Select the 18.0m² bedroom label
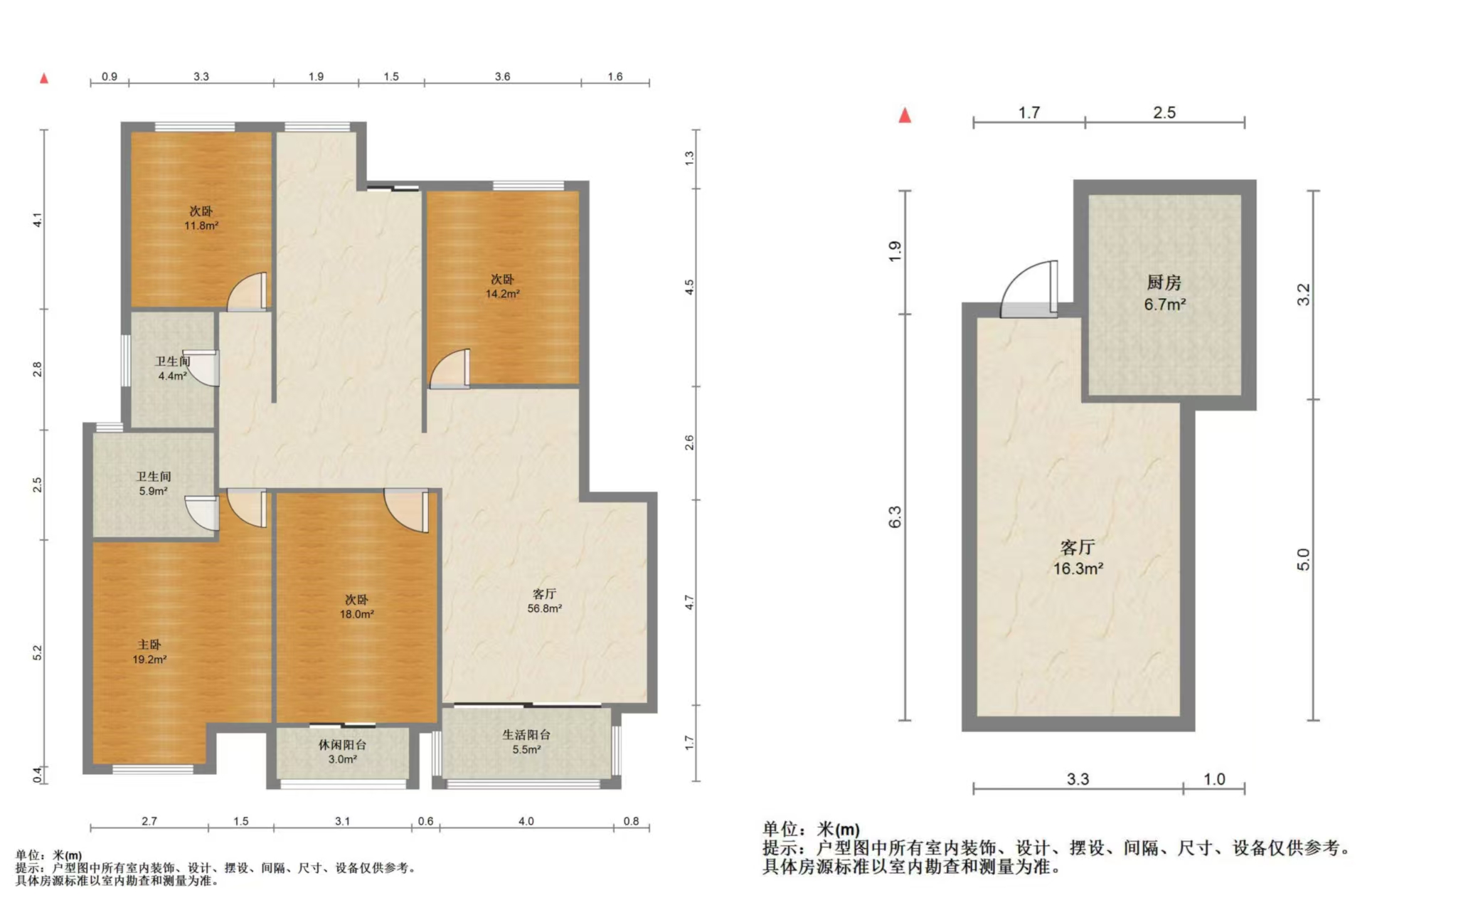pos(356,614)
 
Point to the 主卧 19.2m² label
pos(149,652)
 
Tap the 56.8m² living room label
pos(544,608)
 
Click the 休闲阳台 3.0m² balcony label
pos(342,752)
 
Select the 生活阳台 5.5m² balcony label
pos(526,742)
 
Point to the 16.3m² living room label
pos(1078,568)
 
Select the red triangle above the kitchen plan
pos(905,115)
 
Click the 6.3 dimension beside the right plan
pos(895,517)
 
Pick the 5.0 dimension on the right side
pos(1302,559)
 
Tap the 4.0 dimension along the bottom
pos(526,821)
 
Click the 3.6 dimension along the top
pos(502,76)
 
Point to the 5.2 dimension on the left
pos(38,652)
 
